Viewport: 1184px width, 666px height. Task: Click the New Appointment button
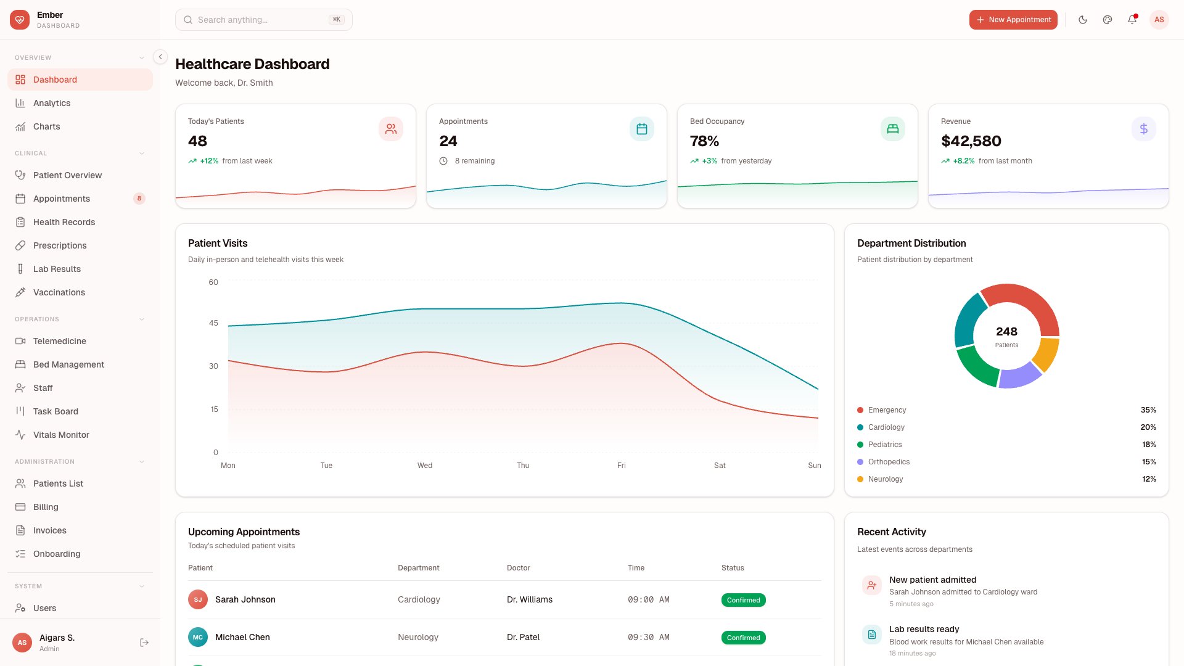coord(1013,20)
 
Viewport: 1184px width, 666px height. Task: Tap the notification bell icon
coord(1132,20)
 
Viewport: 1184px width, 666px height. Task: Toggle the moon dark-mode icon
coord(1082,20)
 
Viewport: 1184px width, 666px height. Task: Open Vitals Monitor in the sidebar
coord(61,435)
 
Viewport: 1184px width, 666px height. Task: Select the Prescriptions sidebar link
coord(60,245)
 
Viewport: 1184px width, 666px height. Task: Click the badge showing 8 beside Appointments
coord(139,199)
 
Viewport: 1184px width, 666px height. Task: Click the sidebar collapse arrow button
coord(160,57)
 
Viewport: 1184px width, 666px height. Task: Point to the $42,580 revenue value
coord(971,141)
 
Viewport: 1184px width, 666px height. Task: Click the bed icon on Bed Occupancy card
coord(892,129)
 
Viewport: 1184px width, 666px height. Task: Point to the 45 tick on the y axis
coord(213,323)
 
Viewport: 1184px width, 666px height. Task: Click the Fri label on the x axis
coord(621,466)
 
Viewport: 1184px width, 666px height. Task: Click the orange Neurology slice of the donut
coord(1046,353)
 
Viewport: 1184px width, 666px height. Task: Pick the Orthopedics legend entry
coord(889,462)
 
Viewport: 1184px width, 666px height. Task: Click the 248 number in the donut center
coord(1006,332)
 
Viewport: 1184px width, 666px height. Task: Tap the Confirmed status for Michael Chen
coord(743,638)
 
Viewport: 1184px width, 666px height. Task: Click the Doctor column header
coord(518,568)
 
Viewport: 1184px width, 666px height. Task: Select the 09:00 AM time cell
coord(648,599)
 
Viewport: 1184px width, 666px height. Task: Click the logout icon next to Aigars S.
coord(144,643)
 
